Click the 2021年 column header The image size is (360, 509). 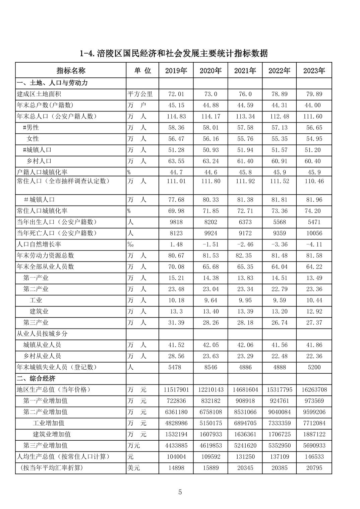coord(245,71)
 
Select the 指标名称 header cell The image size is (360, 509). coord(71,71)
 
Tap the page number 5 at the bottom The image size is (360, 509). coord(180,492)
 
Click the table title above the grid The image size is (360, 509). coord(174,53)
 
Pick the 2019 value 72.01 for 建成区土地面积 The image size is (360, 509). coord(176,94)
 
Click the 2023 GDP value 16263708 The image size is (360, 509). coord(314,390)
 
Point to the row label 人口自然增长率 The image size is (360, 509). coord(39,244)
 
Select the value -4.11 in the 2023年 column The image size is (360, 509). coord(314,244)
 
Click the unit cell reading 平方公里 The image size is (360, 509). coord(140,94)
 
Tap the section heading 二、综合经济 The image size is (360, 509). coord(36,378)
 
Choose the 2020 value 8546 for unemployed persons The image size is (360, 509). coord(211,367)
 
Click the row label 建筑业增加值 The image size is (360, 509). coord(52,434)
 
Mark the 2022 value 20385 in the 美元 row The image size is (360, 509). coord(279,468)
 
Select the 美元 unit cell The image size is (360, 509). coord(133,468)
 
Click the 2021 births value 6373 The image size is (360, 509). coord(245,222)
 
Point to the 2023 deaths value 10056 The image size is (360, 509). coord(314,233)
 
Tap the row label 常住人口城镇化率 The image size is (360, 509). coord(42,211)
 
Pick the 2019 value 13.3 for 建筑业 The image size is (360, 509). coord(176,311)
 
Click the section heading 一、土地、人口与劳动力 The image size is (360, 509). coord(52,83)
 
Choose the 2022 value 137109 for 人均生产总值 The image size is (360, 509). coord(279,457)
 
